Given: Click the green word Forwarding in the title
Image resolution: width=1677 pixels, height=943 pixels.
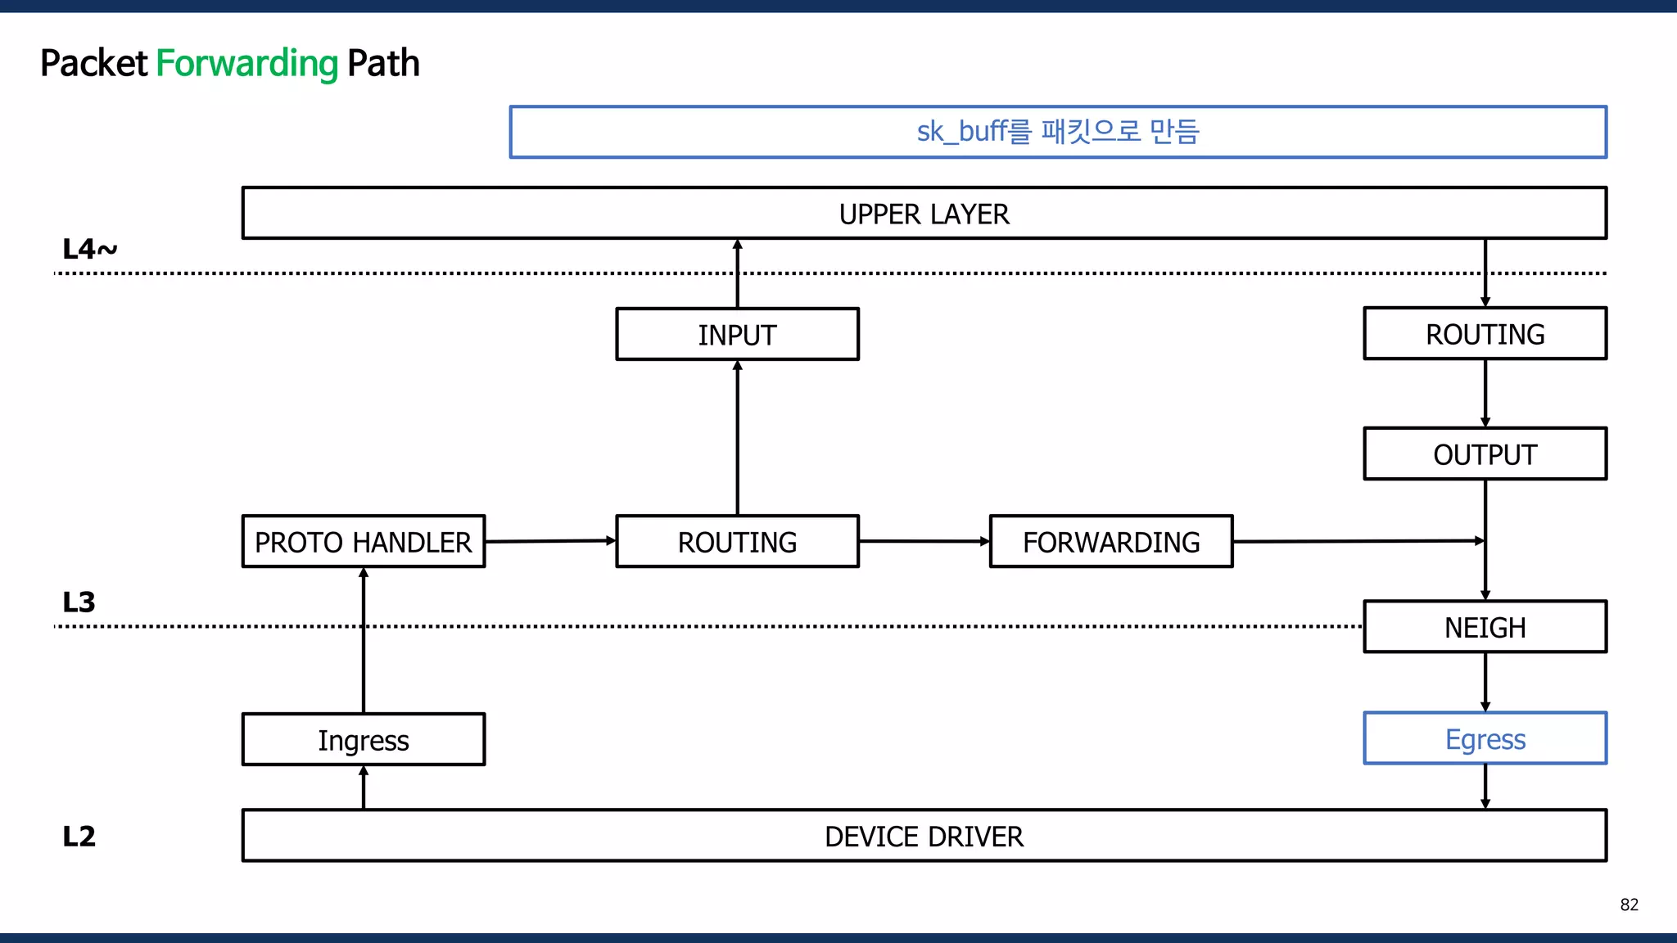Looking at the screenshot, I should coord(246,64).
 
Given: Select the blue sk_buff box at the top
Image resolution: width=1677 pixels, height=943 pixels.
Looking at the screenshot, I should coord(1057,132).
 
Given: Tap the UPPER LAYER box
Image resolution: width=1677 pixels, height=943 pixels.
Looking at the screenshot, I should coord(924,214).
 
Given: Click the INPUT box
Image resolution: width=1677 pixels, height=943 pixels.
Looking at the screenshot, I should coord(737,334).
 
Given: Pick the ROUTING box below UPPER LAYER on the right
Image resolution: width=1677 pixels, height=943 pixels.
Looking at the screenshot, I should coord(1485,333).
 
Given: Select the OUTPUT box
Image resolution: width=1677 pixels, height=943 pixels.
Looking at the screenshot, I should coord(1485,453).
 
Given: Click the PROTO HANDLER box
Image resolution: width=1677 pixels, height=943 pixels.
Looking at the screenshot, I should coord(364,541).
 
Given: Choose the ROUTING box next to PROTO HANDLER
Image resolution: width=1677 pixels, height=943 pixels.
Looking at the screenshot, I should coord(737,541).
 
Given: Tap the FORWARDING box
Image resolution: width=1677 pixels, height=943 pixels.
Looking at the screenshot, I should coord(1110,541).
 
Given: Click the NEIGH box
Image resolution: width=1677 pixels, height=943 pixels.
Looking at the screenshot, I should coord(1485,627).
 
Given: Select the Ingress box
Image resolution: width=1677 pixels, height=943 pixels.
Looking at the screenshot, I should coord(364,740).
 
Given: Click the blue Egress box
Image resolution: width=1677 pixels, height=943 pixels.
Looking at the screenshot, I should coord(1485,738).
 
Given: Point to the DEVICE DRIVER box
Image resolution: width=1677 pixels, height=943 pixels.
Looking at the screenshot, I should coord(924,836).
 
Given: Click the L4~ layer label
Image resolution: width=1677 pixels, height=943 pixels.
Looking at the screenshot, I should coord(89,249).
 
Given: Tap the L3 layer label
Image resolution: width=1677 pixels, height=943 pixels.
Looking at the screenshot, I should coord(79,602).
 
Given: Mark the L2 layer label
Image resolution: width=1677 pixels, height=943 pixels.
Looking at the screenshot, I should coord(79,836).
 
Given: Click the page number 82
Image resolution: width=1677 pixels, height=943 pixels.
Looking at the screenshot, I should coord(1629,905).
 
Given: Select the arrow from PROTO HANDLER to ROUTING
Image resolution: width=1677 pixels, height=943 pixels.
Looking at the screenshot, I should coord(550,541).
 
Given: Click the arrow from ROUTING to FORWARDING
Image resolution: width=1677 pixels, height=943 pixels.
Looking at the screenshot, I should coord(924,541).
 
